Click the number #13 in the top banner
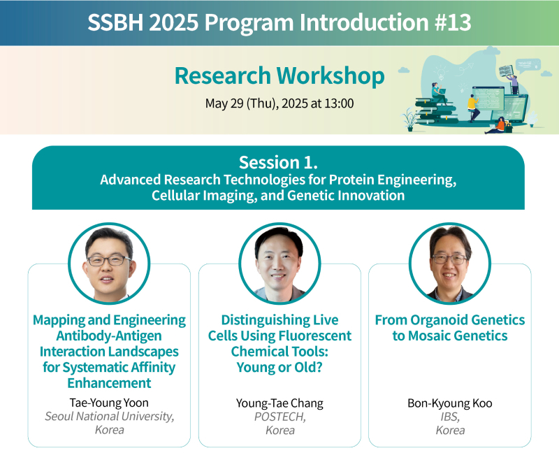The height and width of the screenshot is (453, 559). (453, 22)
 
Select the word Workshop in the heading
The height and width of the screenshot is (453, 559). (331, 76)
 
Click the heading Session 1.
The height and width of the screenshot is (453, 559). (278, 162)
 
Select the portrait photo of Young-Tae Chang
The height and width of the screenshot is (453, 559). (279, 264)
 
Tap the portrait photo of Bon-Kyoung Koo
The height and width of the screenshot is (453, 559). (450, 264)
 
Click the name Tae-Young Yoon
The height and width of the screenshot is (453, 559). (109, 403)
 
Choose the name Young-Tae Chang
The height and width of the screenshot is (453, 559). (279, 403)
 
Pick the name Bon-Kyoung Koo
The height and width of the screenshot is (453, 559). (450, 403)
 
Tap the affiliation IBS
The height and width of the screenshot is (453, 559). (450, 417)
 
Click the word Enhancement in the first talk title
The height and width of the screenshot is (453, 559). (109, 383)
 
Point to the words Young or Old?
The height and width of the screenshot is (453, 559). (279, 368)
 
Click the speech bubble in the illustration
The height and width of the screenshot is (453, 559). (528, 66)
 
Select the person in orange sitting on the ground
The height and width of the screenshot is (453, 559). (496, 126)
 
